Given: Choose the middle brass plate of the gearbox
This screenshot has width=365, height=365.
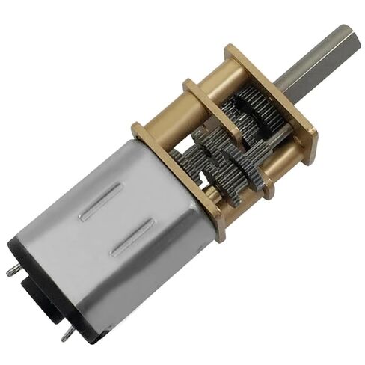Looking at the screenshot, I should tap(217, 112).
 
